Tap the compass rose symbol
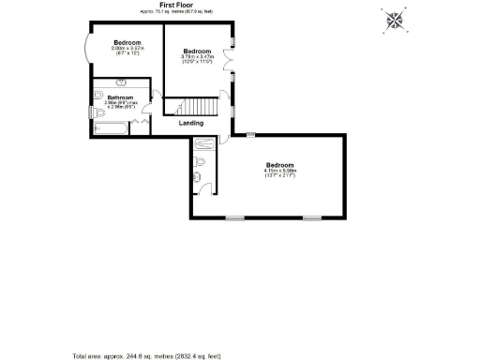tap(397, 21)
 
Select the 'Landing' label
tap(192, 123)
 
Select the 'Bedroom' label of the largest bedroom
tap(280, 165)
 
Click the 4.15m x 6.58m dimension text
tap(280, 172)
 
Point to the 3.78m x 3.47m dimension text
tap(197, 57)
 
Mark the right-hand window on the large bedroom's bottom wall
tap(309, 218)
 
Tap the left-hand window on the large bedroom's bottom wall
tap(235, 218)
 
